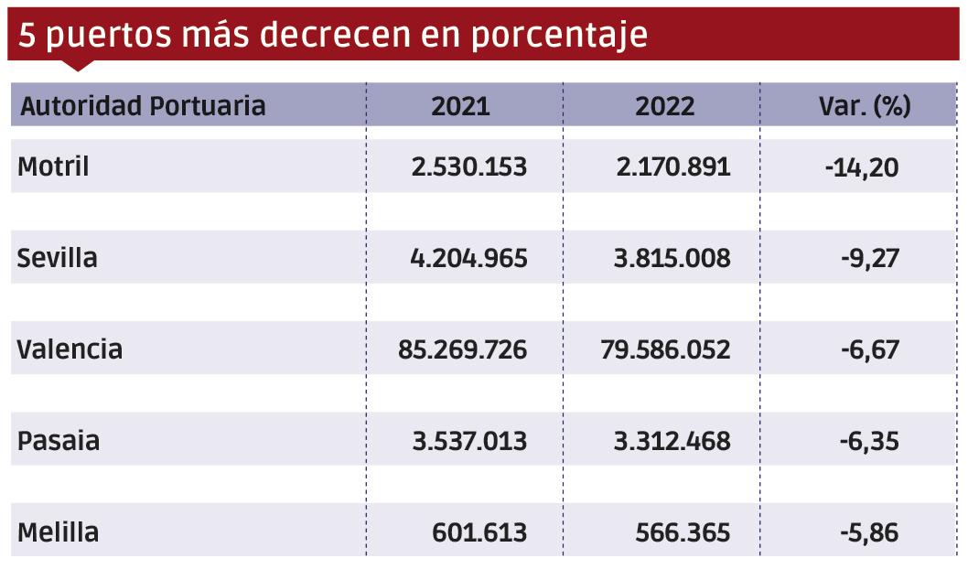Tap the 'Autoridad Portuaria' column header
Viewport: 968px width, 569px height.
point(143,106)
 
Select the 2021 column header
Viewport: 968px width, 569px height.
point(460,106)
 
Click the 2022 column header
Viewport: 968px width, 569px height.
point(665,106)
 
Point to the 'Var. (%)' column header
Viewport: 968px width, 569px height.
point(865,106)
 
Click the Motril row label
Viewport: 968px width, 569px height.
point(54,167)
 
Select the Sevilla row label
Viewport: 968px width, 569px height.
point(58,258)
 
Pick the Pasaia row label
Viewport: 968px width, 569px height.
point(59,441)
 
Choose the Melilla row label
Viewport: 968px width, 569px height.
point(59,532)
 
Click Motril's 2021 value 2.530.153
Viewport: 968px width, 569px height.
point(469,167)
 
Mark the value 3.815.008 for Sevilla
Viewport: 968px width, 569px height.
point(672,258)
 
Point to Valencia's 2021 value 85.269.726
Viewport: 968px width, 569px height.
point(462,349)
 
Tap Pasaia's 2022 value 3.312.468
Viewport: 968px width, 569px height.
point(672,441)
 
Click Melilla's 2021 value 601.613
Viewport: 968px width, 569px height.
point(479,532)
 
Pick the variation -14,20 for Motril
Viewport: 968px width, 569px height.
point(862,167)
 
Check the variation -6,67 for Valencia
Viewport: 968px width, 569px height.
point(869,349)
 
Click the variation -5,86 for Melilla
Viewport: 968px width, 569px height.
point(869,532)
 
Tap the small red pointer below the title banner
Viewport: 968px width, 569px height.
point(79,65)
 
